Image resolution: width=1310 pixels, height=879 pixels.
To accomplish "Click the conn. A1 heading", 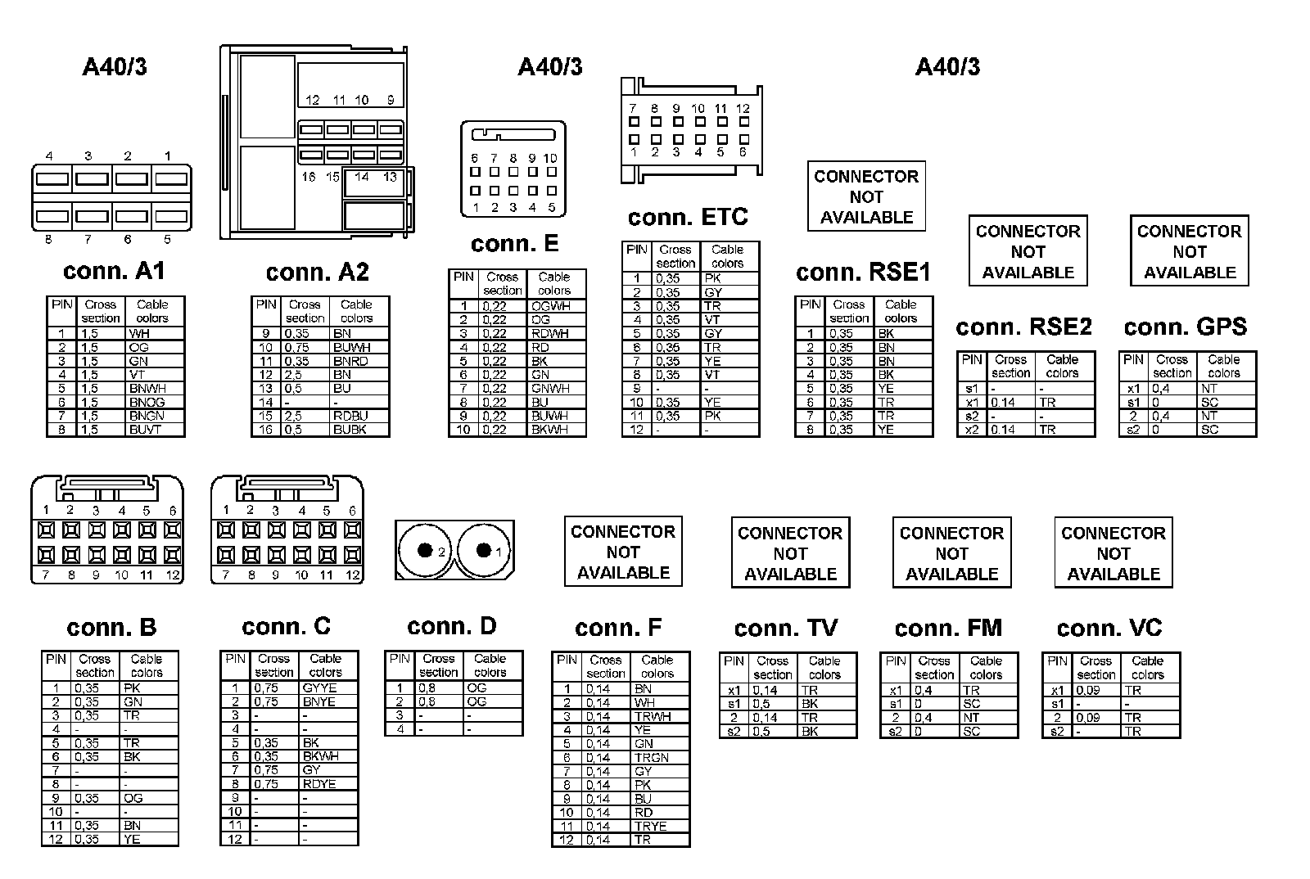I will point(114,271).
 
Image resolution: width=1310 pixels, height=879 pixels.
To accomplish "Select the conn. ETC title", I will point(688,217).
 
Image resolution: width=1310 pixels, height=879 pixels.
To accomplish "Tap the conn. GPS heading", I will point(1185,327).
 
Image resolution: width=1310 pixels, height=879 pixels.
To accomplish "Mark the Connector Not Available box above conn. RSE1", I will point(866,196).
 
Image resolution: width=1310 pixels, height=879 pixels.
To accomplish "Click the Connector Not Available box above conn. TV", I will point(790,553).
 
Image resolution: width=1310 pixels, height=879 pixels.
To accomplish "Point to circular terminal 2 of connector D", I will point(425,550).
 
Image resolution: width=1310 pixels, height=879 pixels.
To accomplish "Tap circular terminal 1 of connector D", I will point(484,550).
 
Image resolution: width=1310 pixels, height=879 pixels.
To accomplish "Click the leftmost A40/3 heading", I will point(115,66).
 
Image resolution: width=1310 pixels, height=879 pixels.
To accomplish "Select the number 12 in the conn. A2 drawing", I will point(312,100).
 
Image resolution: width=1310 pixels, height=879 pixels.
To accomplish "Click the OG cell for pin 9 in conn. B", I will point(133,798).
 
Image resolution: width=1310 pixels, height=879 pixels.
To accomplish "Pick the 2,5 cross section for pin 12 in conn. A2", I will point(293,375).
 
